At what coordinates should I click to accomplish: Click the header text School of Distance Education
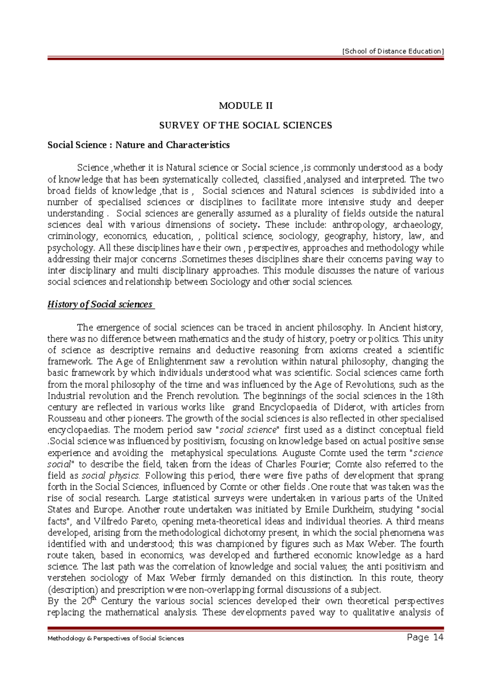click(392, 51)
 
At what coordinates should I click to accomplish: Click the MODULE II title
click(245, 106)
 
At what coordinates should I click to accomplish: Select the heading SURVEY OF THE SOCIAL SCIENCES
click(245, 125)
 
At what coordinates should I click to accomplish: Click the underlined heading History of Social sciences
click(100, 304)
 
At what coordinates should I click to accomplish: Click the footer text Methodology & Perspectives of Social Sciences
click(116, 638)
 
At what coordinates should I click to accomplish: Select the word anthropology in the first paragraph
click(358, 225)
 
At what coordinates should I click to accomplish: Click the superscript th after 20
click(93, 598)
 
